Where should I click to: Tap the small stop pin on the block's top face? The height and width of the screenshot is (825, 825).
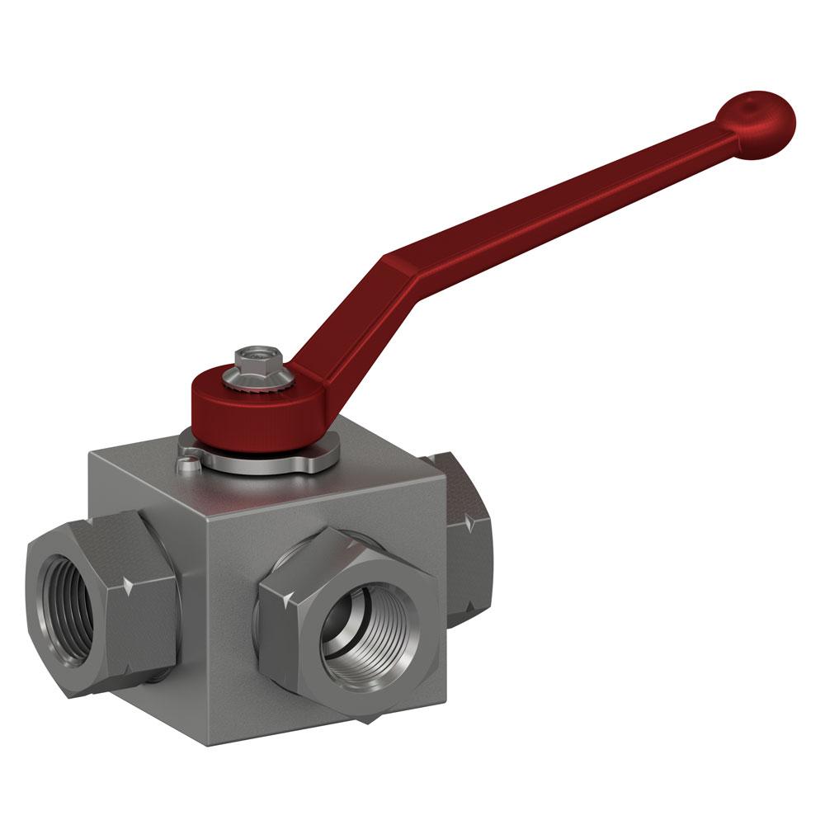point(188,464)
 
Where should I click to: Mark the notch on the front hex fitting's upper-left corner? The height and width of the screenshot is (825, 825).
point(280,596)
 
